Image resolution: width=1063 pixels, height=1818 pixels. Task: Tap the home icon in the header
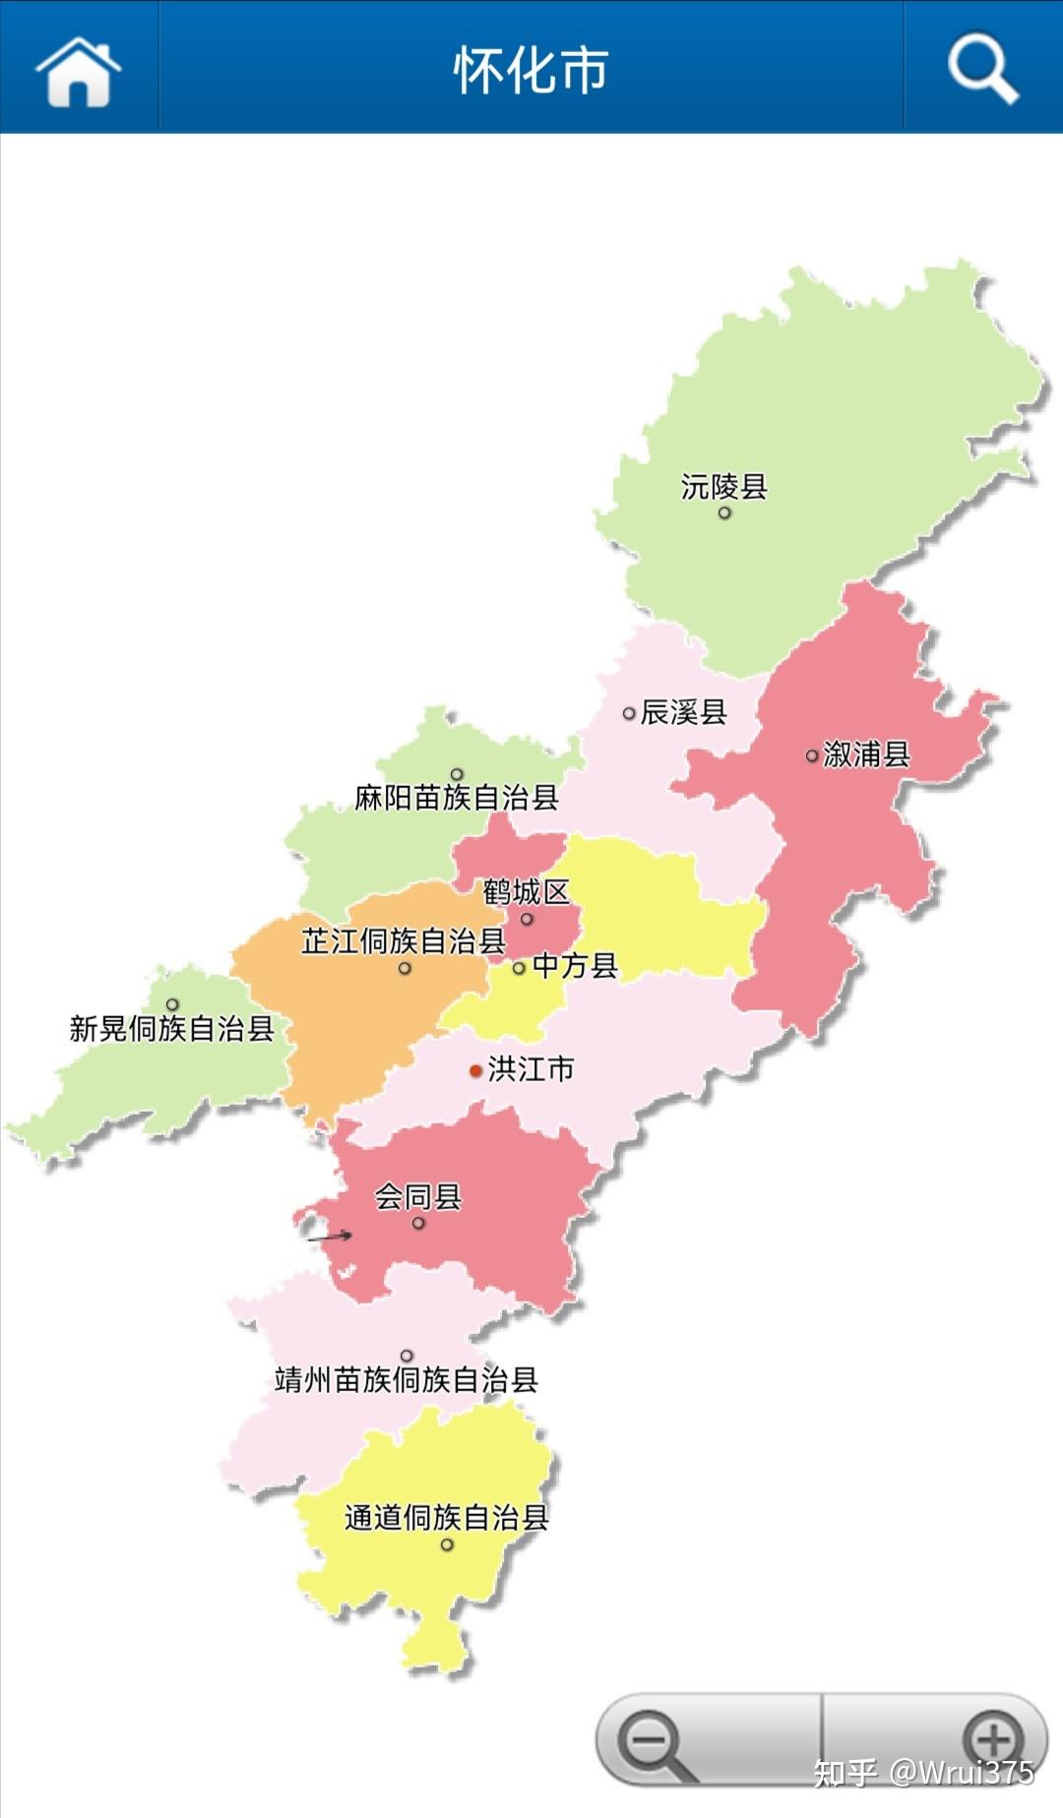point(78,70)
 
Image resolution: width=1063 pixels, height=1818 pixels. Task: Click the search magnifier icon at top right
point(981,69)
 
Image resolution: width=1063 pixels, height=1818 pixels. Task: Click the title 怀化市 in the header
point(531,70)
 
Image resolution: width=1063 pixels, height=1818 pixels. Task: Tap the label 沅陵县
point(723,486)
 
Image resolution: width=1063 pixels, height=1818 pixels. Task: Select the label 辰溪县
point(683,711)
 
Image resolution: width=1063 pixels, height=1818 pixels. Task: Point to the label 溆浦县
point(866,755)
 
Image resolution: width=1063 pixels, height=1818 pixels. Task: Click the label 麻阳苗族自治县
point(457,797)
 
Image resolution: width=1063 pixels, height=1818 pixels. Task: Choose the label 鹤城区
point(526,891)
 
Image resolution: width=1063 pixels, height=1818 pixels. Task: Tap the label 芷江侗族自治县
point(403,940)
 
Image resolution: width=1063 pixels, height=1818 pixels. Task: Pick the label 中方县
point(575,966)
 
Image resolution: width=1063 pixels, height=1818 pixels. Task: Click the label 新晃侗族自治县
point(171,1029)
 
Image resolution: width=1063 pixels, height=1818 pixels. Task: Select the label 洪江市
point(531,1068)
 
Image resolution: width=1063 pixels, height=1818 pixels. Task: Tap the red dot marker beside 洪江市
point(475,1070)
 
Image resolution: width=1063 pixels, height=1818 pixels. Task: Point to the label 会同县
point(418,1196)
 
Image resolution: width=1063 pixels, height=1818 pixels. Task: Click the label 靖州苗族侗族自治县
point(406,1379)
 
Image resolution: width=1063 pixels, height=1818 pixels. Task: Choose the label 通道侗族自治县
point(446,1517)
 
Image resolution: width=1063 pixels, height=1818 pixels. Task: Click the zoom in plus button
point(992,1739)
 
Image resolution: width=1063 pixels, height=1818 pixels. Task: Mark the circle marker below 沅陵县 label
point(724,513)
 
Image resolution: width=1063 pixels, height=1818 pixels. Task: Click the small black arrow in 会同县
point(331,1237)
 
